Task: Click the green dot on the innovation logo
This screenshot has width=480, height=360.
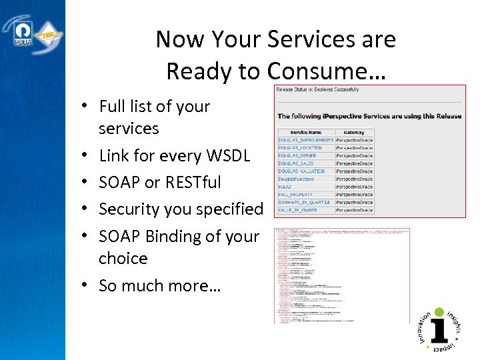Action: [x=439, y=311]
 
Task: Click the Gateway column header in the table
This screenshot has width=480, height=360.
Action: [x=353, y=132]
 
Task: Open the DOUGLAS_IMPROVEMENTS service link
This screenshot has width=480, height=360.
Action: [x=305, y=140]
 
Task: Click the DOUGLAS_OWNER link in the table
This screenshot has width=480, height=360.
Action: [x=297, y=155]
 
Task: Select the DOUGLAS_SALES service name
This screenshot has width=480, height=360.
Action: [x=296, y=163]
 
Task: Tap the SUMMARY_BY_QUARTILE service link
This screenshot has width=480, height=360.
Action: [x=305, y=203]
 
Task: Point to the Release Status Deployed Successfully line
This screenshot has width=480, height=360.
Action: [x=317, y=89]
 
